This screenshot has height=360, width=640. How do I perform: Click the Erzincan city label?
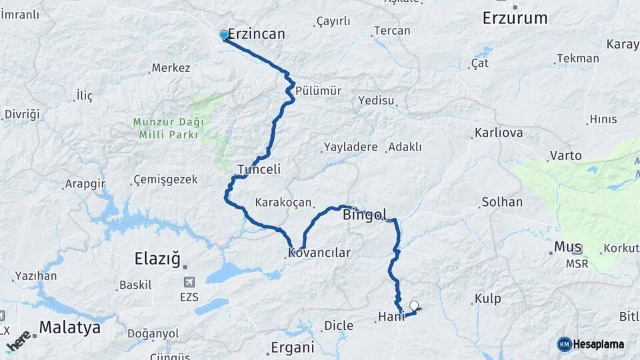(257, 34)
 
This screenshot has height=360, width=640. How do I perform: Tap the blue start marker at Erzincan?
(224, 35)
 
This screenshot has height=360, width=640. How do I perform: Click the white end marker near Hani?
(415, 306)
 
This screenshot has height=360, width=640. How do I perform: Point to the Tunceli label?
(259, 169)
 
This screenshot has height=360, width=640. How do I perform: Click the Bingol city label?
(364, 215)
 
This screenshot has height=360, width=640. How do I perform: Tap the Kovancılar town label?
(319, 253)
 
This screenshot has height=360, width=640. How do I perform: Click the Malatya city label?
(69, 327)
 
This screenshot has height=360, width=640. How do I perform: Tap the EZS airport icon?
(189, 282)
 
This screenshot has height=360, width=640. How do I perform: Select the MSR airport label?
(577, 264)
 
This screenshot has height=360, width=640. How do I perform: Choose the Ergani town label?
(292, 347)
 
